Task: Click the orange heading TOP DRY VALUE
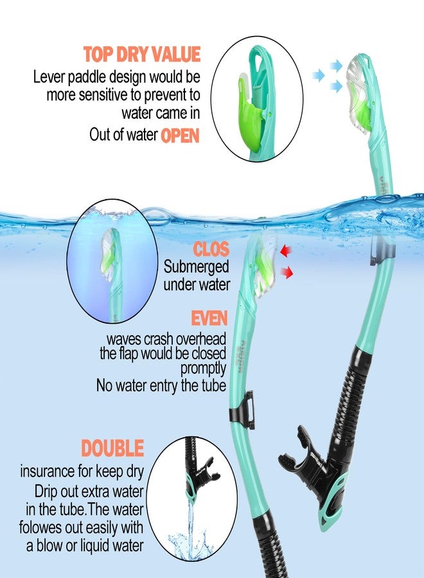coord(142,54)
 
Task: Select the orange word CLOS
coord(211,249)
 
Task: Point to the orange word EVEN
coord(209,319)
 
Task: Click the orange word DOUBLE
coord(112,448)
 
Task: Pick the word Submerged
coord(196,267)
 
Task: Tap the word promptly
coord(203,369)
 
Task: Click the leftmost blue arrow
coord(317,76)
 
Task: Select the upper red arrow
coord(283,249)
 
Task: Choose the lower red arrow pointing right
coord(288,273)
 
